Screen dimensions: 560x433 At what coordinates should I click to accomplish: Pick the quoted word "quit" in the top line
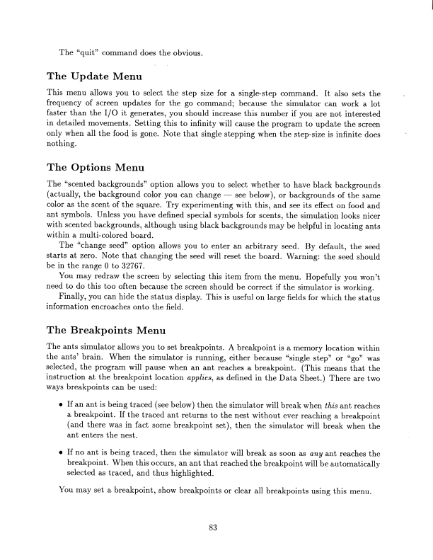click(x=90, y=52)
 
